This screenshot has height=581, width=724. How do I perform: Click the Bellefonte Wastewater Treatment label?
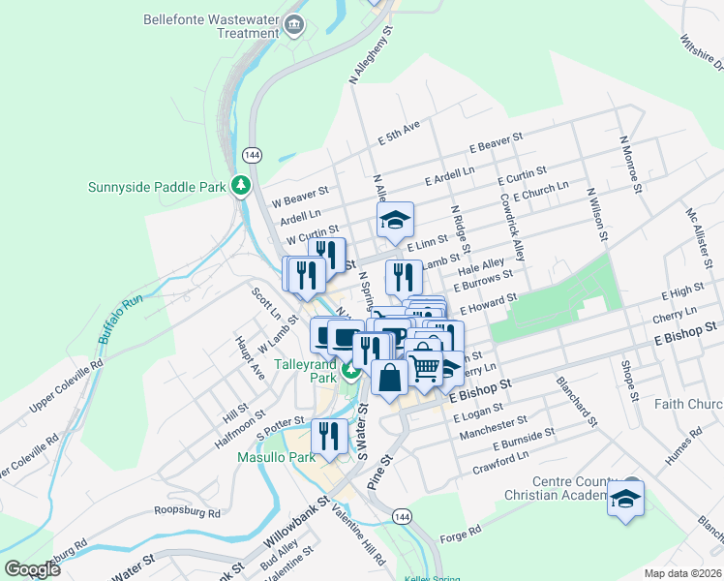(x=211, y=26)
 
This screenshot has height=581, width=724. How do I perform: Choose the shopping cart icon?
(x=424, y=365)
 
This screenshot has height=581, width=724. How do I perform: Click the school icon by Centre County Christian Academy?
(x=626, y=498)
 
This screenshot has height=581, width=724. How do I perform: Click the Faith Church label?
(x=688, y=404)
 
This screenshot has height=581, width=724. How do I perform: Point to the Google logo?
(x=32, y=568)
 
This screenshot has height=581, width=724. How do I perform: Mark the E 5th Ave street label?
(x=400, y=134)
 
